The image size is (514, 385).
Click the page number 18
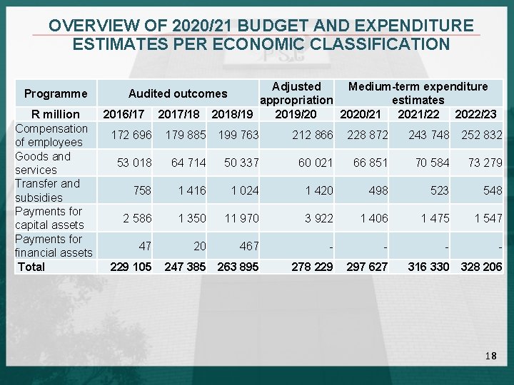pyautogui.click(x=490, y=355)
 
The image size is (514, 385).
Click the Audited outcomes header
pyautogui.click(x=178, y=93)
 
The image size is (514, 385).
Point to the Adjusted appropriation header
pyautogui.click(x=296, y=93)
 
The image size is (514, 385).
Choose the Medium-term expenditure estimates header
pyautogui.click(x=418, y=93)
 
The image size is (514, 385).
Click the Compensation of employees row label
pyautogui.click(x=51, y=135)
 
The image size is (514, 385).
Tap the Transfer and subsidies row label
pyautogui.click(x=47, y=190)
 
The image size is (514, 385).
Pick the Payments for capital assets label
pyautogui.click(x=49, y=218)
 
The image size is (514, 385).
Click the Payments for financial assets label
pyautogui.click(x=54, y=246)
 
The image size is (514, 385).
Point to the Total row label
pyautogui.click(x=31, y=267)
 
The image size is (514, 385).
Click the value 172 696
pyautogui.click(x=131, y=135)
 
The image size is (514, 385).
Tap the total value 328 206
pyautogui.click(x=481, y=267)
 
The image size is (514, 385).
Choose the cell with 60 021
pyautogui.click(x=315, y=163)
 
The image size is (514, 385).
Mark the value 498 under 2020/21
pyautogui.click(x=378, y=190)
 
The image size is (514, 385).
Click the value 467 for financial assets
pyautogui.click(x=249, y=246)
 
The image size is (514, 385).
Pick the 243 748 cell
pyautogui.click(x=428, y=135)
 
